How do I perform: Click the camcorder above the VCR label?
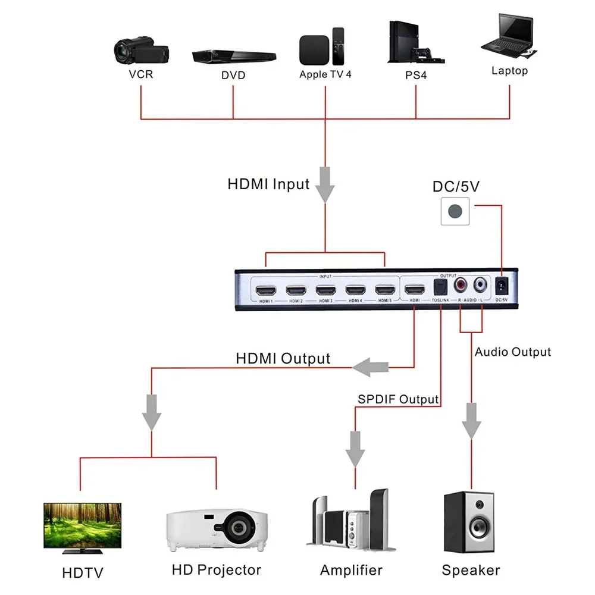[142, 52]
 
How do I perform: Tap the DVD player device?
[234, 56]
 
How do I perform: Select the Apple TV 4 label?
[325, 74]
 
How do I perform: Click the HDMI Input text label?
[268, 184]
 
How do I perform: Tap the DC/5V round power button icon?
[456, 211]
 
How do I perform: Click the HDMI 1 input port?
[265, 291]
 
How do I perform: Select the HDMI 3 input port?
[325, 291]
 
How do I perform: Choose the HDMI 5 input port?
[384, 291]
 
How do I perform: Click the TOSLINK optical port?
[440, 289]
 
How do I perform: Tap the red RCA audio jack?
[461, 286]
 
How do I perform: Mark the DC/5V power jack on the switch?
[502, 286]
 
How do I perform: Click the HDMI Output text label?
[283, 359]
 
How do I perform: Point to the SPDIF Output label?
[398, 399]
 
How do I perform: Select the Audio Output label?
[513, 352]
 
